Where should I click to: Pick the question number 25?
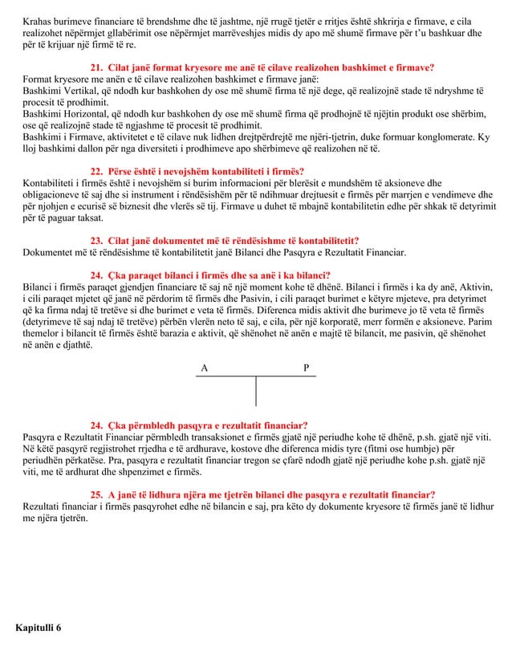[x=96, y=495]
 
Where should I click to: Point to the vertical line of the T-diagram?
[x=256, y=391]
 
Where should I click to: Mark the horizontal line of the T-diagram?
[x=256, y=376]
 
